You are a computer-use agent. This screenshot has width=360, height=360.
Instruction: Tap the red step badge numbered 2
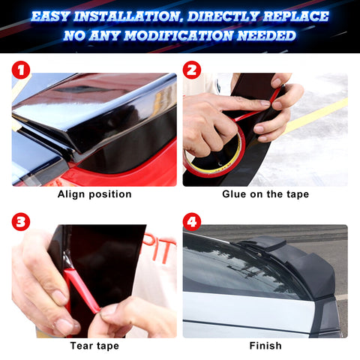(193, 70)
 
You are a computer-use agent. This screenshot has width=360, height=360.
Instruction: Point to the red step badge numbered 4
(193, 222)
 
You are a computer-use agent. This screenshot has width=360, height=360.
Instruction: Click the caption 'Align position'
(94, 194)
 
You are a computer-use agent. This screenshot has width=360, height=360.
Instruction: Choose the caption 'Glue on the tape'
(265, 194)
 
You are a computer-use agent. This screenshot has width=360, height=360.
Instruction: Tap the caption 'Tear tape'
(94, 346)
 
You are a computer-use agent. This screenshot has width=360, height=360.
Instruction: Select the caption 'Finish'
(265, 346)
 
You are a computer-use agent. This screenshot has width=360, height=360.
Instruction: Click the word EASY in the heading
(54, 15)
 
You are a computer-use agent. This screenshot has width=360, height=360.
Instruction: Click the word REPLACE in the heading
(299, 15)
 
